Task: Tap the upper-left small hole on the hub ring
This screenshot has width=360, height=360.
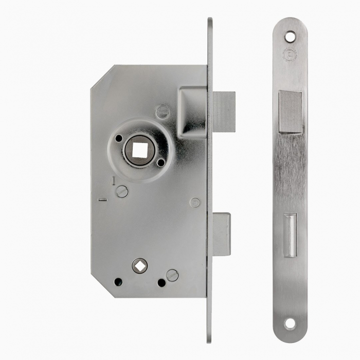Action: (118, 138)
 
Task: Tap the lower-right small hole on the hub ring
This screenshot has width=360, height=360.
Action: (160, 163)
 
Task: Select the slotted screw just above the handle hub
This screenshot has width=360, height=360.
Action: (162, 111)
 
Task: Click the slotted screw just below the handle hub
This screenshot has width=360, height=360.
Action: (121, 191)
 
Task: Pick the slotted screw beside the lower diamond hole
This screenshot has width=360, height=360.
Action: (172, 275)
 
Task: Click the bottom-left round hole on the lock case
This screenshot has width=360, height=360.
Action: (118, 282)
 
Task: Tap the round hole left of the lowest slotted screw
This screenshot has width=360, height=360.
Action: (161, 282)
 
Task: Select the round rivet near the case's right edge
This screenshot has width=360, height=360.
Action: (195, 202)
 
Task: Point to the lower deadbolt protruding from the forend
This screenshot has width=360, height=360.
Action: (222, 234)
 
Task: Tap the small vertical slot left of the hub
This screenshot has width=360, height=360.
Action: (113, 181)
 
